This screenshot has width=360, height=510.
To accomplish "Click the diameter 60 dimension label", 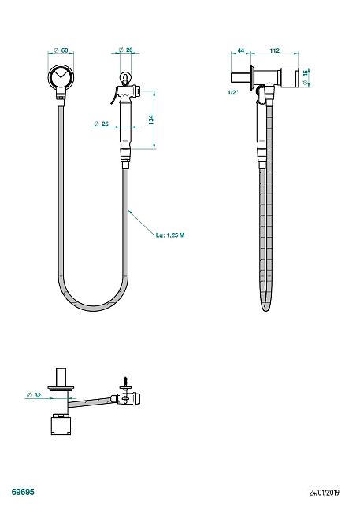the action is coord(61,50).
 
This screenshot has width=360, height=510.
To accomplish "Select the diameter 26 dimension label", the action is coord(125,50).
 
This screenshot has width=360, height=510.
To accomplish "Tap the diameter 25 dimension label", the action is coord(101,124).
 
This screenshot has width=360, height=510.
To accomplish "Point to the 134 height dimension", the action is coord(151,120).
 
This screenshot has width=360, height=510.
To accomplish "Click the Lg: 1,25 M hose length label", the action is coord(170,235).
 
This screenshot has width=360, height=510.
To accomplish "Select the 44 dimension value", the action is coord(241,50).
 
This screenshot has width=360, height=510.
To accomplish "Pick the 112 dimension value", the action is coord(275,50).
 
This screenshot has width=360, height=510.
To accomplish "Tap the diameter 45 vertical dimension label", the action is coord(305,77).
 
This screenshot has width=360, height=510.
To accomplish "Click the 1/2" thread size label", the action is coord(233,92).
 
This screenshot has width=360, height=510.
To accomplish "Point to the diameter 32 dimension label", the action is coord(34,395).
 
